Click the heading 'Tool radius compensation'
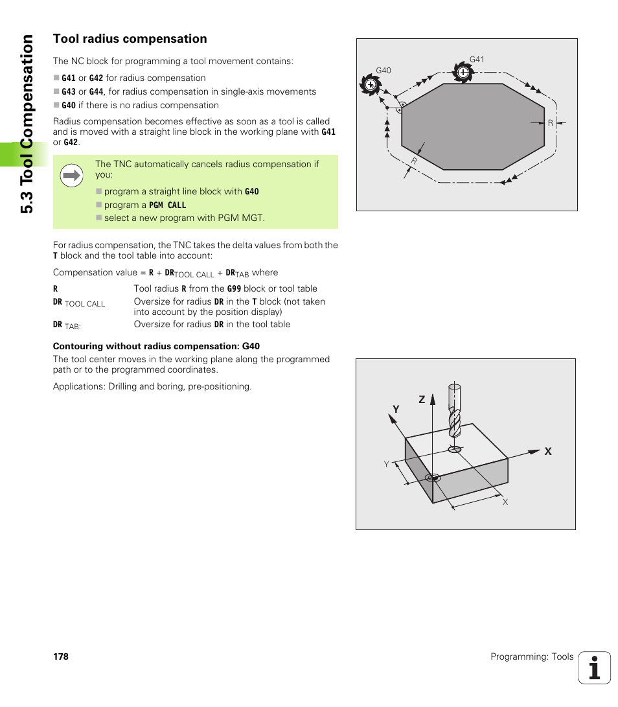click(x=130, y=39)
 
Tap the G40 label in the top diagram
click(x=383, y=71)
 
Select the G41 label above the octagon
click(x=477, y=60)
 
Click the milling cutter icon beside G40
click(x=371, y=85)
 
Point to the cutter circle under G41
click(x=463, y=73)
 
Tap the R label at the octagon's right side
click(x=550, y=122)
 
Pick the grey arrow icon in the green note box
click(x=71, y=175)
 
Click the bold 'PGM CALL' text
click(x=167, y=205)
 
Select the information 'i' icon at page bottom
click(x=594, y=667)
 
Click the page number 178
click(x=61, y=656)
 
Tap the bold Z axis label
click(x=422, y=400)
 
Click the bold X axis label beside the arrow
click(x=547, y=451)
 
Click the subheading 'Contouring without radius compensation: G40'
click(x=156, y=346)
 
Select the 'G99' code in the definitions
click(x=234, y=288)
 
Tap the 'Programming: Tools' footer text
click(x=532, y=656)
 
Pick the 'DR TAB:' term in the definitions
click(x=67, y=325)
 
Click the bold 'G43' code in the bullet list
click(x=69, y=92)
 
